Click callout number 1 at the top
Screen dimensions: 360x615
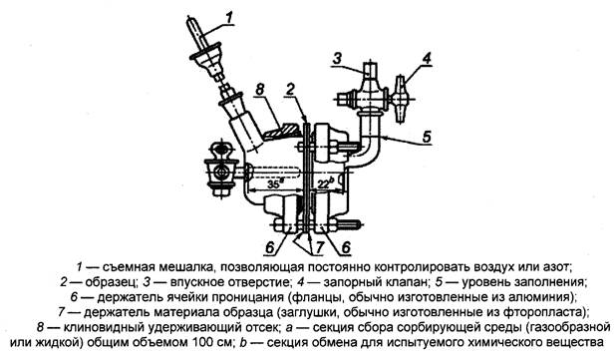(x=228, y=16)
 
